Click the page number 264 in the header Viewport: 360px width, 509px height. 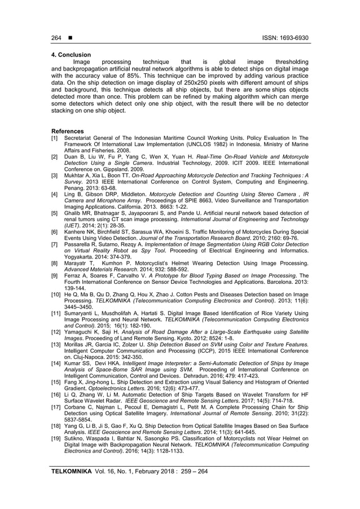pos(56,38)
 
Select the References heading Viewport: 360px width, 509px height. pos(66,131)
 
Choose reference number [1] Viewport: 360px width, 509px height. pos(54,138)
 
